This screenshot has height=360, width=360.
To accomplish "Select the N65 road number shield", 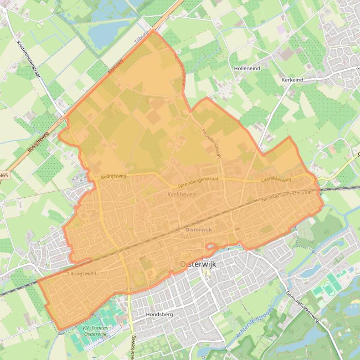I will [4, 176].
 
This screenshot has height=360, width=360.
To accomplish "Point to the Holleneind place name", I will [247, 68].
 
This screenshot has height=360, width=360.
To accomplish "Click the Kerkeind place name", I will [292, 80].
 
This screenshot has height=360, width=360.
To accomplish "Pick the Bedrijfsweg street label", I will [113, 177].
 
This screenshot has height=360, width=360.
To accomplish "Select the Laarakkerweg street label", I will [276, 180].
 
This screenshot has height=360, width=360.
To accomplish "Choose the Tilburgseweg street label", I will [81, 274].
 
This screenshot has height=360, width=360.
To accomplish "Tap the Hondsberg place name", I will [159, 315].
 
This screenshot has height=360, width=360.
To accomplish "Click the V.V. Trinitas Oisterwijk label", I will [95, 331].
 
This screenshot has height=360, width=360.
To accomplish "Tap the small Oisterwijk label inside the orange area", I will [198, 230].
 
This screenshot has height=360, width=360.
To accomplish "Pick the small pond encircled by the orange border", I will [210, 246].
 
